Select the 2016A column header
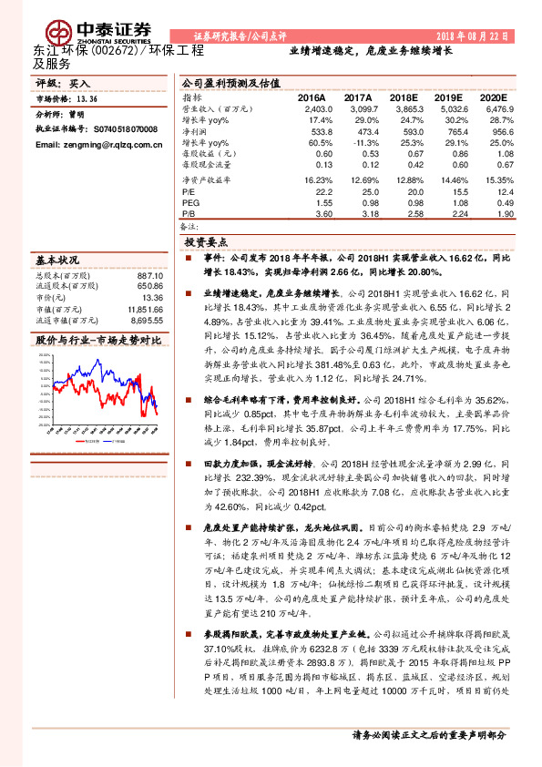tap(312, 96)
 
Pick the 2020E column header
tap(492, 96)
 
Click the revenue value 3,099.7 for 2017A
tap(357, 107)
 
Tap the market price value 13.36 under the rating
tap(87, 99)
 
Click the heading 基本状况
tap(57, 258)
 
